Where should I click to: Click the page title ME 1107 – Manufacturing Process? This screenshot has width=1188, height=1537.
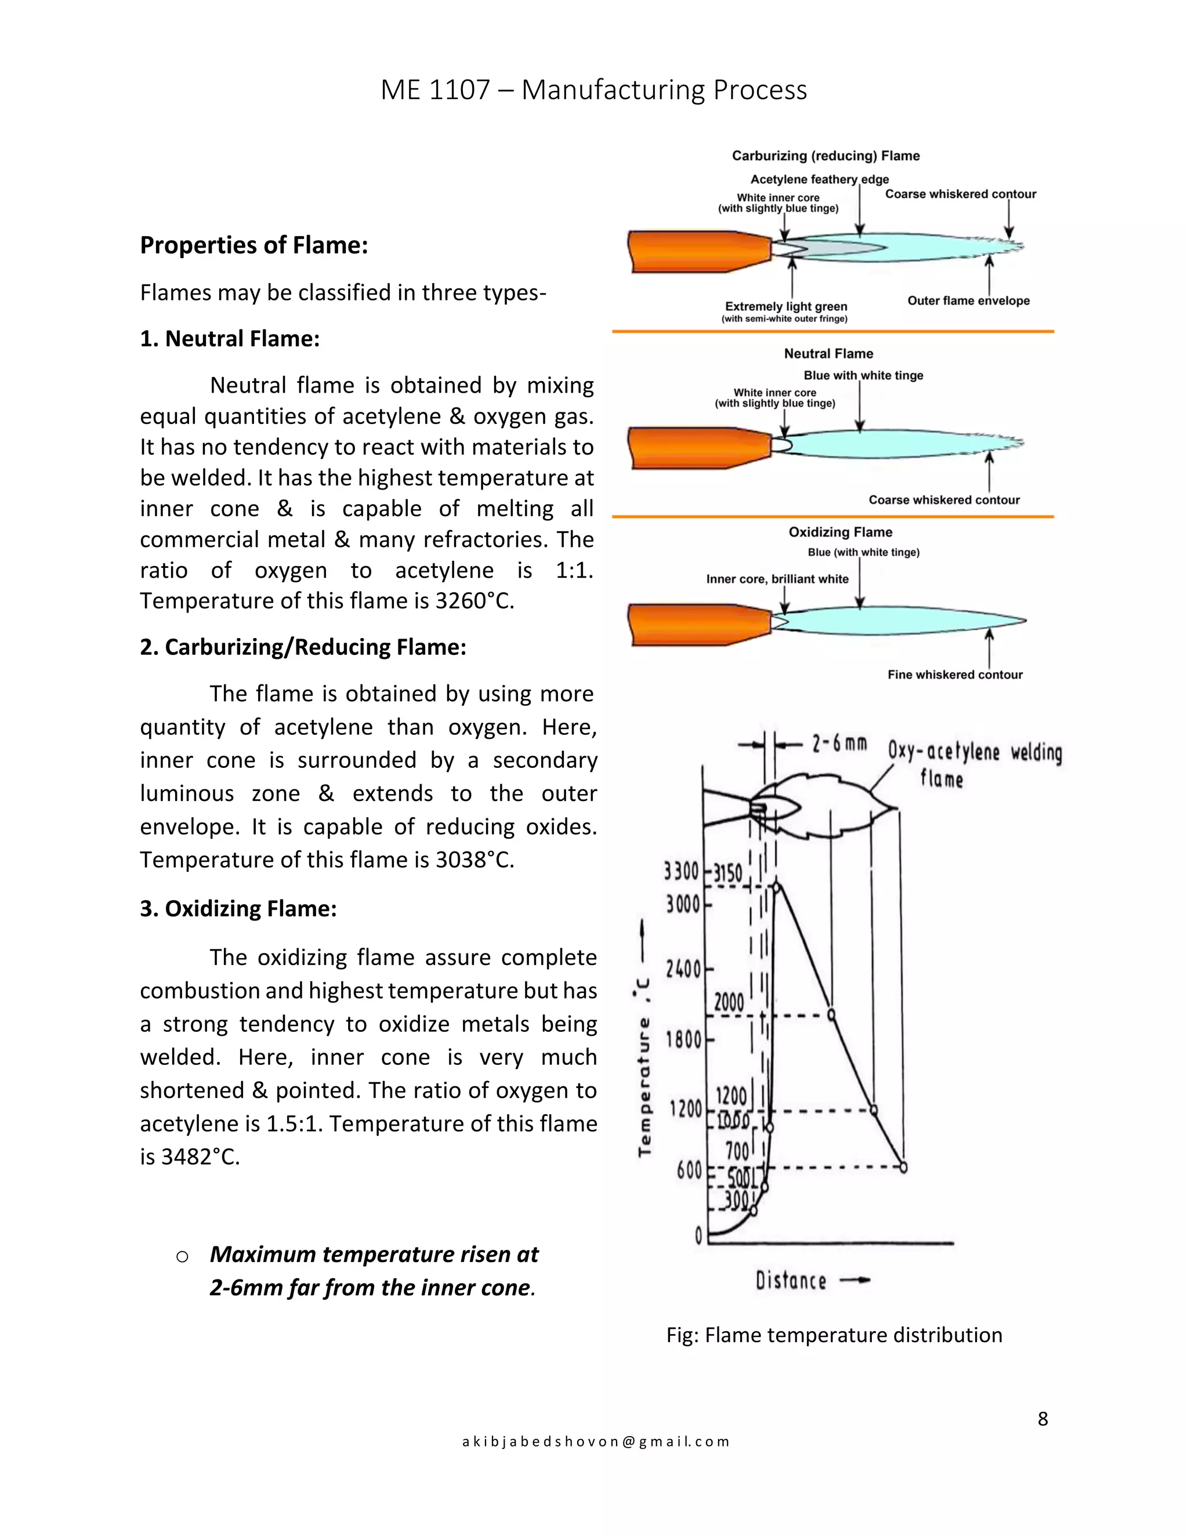593,90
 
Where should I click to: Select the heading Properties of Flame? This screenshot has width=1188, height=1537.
254,245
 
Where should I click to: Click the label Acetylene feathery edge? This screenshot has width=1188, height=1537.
819,179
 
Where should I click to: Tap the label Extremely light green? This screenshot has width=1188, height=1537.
785,306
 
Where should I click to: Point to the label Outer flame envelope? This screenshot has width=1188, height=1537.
968,300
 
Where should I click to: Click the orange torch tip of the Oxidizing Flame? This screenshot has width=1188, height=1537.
699,624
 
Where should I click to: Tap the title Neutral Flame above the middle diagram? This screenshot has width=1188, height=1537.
828,353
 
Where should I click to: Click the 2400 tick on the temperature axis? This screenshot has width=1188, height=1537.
683,970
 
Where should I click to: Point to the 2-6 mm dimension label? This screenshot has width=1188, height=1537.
839,744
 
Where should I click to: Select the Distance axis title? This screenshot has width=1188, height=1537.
791,1281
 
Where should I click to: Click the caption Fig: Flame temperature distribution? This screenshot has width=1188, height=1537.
834,1335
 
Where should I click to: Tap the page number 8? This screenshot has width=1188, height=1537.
1042,1419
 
